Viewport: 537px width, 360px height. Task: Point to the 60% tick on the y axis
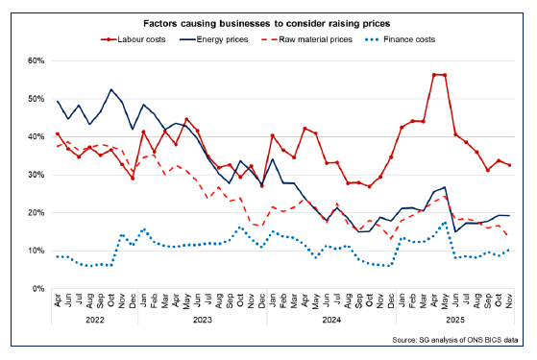pos(36,60)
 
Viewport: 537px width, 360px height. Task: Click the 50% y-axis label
pos(36,99)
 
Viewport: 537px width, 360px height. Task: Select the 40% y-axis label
pos(36,136)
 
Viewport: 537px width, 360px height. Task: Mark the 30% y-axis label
pos(36,175)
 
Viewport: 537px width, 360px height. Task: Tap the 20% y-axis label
pos(36,212)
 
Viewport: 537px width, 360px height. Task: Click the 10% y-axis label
pos(36,251)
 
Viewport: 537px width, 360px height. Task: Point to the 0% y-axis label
pos(38,289)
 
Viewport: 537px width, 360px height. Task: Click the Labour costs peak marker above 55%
pos(434,75)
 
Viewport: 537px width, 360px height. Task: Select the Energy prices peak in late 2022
pos(111,90)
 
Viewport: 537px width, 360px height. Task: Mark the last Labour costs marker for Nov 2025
pos(509,165)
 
